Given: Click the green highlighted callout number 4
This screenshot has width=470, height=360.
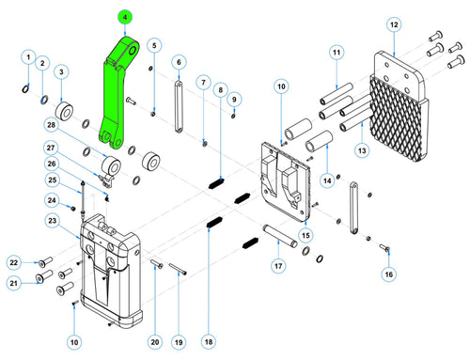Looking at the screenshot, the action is pyautogui.click(x=125, y=17).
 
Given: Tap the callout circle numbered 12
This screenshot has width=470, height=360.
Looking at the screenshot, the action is pyautogui.click(x=394, y=24).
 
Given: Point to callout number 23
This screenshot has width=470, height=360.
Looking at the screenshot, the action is pyautogui.click(x=52, y=221).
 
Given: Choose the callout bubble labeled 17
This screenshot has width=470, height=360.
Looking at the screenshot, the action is pyautogui.click(x=278, y=266).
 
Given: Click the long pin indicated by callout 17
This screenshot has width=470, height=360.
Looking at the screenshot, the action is pyautogui.click(x=279, y=235).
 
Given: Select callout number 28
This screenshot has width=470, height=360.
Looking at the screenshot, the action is pyautogui.click(x=51, y=125).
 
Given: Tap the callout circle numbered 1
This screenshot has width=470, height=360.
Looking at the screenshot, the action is pyautogui.click(x=28, y=57).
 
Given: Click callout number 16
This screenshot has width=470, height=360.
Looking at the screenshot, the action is pyautogui.click(x=388, y=274).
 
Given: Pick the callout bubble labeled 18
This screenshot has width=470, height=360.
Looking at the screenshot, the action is pyautogui.click(x=209, y=342).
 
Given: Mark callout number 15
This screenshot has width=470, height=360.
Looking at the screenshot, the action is pyautogui.click(x=305, y=235).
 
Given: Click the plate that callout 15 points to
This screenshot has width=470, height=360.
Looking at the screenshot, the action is pyautogui.click(x=286, y=181).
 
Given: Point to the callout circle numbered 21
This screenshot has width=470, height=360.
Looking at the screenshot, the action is pyautogui.click(x=14, y=283).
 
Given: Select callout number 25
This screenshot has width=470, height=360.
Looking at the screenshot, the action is pyautogui.click(x=53, y=180).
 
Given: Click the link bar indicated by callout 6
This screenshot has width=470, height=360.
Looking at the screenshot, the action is pyautogui.click(x=179, y=107).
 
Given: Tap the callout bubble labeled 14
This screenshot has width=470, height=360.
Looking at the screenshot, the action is pyautogui.click(x=327, y=180).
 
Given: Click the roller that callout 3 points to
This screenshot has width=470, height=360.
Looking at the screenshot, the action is pyautogui.click(x=65, y=112).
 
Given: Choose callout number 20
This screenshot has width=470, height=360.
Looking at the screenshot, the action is pyautogui.click(x=155, y=342).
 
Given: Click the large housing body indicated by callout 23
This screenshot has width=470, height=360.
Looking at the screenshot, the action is pyautogui.click(x=111, y=271).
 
